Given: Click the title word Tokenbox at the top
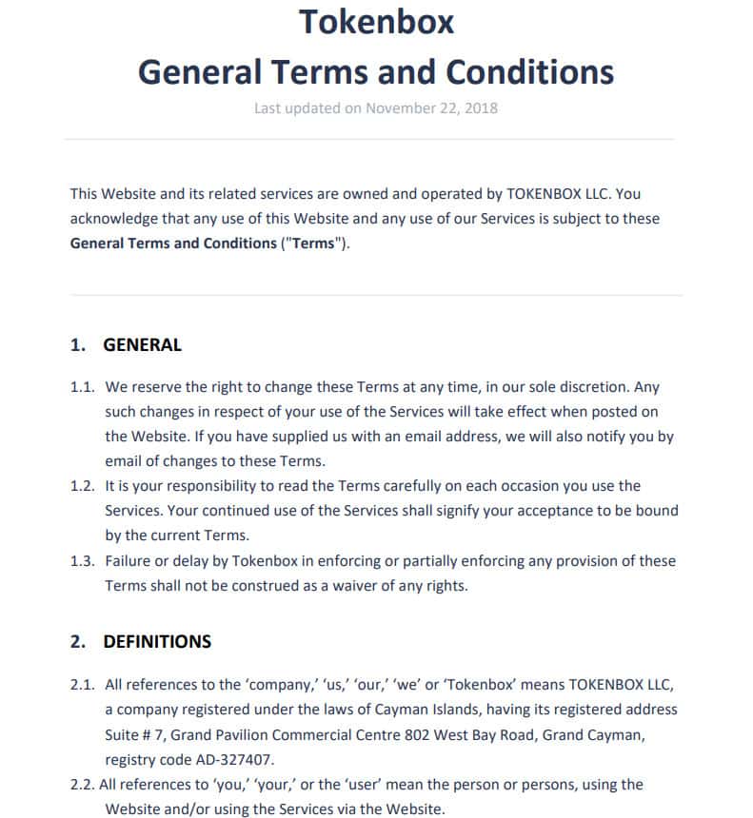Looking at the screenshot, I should (376, 21).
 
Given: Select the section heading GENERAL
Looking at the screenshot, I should (142, 345).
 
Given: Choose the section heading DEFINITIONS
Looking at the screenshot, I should (157, 641).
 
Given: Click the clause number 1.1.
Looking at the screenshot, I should (83, 387).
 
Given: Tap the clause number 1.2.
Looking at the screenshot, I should (83, 486).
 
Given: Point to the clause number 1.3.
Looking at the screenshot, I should (83, 560).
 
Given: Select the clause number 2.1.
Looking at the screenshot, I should (83, 684).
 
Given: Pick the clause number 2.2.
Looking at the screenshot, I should (83, 784).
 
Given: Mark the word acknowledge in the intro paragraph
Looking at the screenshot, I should (114, 219).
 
